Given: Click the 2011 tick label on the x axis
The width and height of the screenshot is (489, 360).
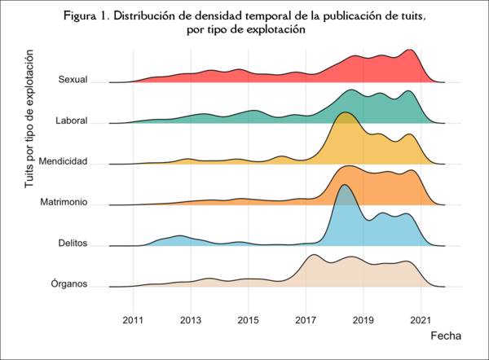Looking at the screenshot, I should tap(133, 319).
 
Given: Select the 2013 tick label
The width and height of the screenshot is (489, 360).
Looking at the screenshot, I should tap(191, 319).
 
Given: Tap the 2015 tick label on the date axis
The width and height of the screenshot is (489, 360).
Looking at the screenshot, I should tap(249, 319).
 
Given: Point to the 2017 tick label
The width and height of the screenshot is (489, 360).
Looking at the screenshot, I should tap(306, 319).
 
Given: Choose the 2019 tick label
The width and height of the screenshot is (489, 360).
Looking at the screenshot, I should tap(363, 319).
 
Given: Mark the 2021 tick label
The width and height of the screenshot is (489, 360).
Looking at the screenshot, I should tap(421, 319).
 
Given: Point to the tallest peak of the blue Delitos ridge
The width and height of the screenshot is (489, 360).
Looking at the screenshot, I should tap(344, 186).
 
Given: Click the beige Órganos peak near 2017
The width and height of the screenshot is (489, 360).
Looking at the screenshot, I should tap(313, 257).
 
